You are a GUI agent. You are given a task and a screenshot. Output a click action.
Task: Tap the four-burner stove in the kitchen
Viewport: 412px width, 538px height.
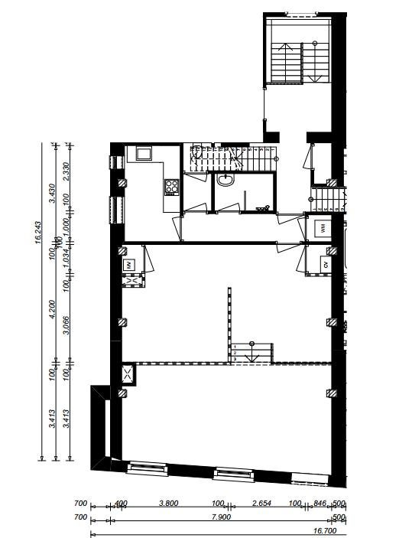coord(171,186)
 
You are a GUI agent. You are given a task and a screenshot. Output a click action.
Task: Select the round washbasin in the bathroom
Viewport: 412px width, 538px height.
coord(225,181)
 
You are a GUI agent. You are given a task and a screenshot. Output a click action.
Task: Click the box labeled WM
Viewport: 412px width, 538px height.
coord(324,227)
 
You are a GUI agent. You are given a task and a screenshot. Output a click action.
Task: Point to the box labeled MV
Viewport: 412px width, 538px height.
coord(128,265)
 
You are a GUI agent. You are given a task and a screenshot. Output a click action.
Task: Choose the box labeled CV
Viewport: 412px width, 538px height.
coord(326,265)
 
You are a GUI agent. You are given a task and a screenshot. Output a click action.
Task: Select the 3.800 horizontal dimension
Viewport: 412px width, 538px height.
coord(168,504)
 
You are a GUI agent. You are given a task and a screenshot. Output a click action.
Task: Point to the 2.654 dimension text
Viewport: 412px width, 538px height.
coord(261,504)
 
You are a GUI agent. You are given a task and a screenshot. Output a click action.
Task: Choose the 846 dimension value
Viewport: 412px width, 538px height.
coord(320,504)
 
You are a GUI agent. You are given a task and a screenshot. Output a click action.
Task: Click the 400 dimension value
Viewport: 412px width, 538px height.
coord(121,504)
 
